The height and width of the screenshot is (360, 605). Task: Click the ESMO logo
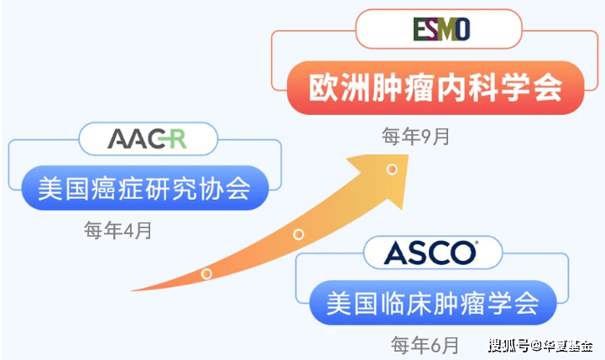click(x=441, y=29)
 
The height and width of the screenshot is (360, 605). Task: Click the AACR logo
click(x=147, y=138)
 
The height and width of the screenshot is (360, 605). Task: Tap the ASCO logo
click(x=431, y=253)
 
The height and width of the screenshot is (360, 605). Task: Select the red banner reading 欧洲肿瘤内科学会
click(x=435, y=87)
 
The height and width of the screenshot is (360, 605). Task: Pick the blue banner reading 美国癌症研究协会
click(x=144, y=188)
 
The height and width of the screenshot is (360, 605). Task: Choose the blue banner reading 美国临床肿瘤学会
click(x=432, y=302)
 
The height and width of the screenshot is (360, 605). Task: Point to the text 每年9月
click(x=415, y=136)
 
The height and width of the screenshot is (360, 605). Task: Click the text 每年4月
click(x=117, y=231)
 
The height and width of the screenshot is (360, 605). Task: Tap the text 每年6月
click(x=425, y=345)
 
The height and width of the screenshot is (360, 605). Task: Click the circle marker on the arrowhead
click(x=392, y=170)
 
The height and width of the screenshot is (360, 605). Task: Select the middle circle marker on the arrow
click(x=298, y=234)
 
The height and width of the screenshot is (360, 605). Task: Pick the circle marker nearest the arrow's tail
click(x=206, y=274)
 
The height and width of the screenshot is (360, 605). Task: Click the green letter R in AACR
click(x=178, y=139)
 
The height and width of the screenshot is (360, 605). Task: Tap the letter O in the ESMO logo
click(x=462, y=29)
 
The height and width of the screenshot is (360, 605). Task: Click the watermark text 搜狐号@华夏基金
click(x=540, y=346)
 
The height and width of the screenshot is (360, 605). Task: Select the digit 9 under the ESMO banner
click(x=426, y=137)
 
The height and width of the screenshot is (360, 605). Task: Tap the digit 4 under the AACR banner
click(x=128, y=231)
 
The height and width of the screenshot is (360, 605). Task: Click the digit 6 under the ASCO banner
click(x=435, y=346)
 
